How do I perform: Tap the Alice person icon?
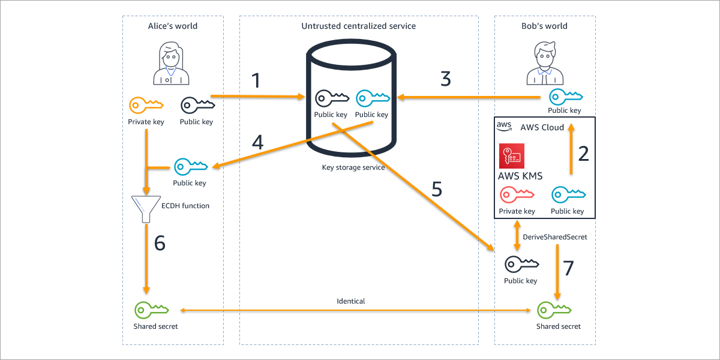pyautogui.click(x=171, y=64)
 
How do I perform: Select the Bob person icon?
pyautogui.click(x=545, y=64)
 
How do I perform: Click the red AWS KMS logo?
pyautogui.click(x=511, y=155)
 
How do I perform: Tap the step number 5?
pyautogui.click(x=437, y=189)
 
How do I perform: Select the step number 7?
pyautogui.click(x=568, y=268)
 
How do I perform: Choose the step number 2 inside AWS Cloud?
pyautogui.click(x=583, y=154)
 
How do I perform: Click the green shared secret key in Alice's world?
pyautogui.click(x=151, y=310)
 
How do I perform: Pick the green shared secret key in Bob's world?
pyautogui.click(x=554, y=310)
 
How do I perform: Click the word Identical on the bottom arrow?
pyautogui.click(x=351, y=301)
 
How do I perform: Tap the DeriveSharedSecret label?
pyautogui.click(x=555, y=237)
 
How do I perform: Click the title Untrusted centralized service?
pyautogui.click(x=358, y=26)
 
